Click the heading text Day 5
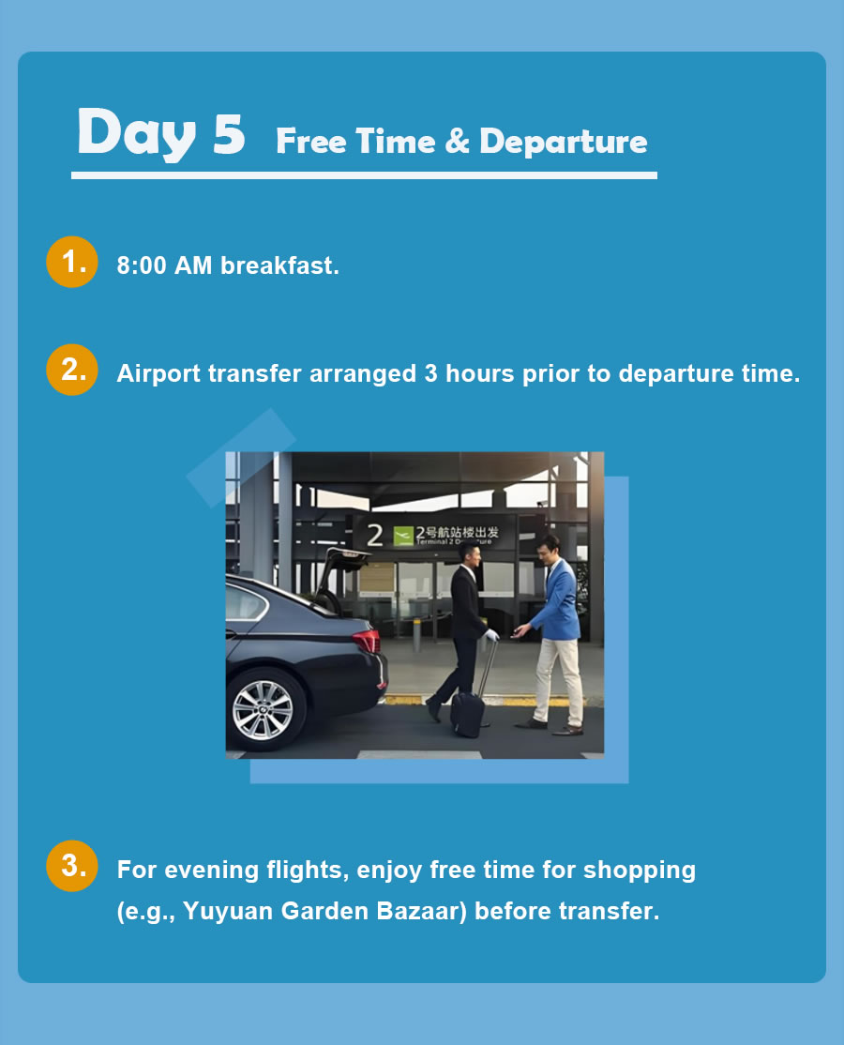(161, 133)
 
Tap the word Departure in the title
(564, 142)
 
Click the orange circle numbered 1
(72, 262)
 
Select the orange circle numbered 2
(72, 370)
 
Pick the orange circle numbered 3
(72, 866)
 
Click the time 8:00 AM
(164, 265)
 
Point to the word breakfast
(279, 265)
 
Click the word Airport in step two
(158, 374)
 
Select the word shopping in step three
(640, 871)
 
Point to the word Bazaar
(422, 910)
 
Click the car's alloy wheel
(264, 710)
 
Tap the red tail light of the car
(367, 642)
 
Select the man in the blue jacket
(554, 634)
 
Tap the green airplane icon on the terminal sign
(403, 536)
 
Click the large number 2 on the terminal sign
(375, 535)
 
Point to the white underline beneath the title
(365, 175)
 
